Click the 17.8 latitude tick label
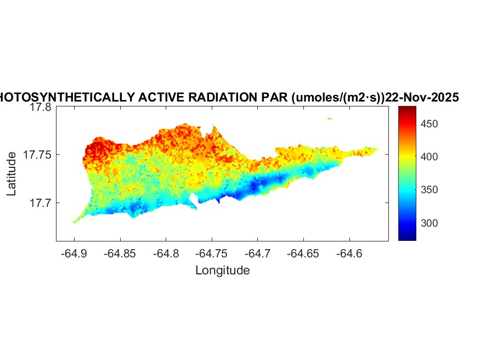click(40, 108)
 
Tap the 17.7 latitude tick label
click(40, 203)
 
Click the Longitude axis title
click(222, 270)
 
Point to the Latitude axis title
click(12, 174)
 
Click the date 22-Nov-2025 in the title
click(421, 97)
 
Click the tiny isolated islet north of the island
click(330, 119)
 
